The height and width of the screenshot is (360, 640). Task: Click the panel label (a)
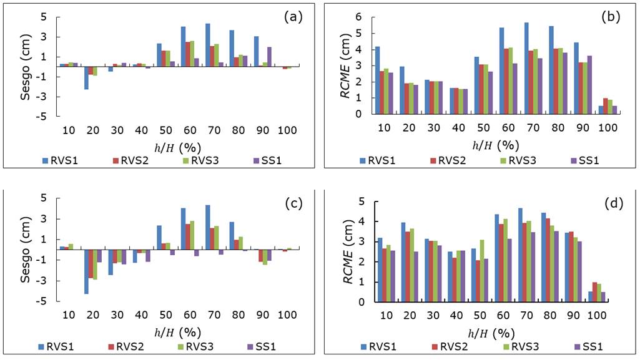pyautogui.click(x=293, y=17)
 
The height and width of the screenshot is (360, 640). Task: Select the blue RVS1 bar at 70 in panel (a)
pyautogui.click(x=207, y=44)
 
